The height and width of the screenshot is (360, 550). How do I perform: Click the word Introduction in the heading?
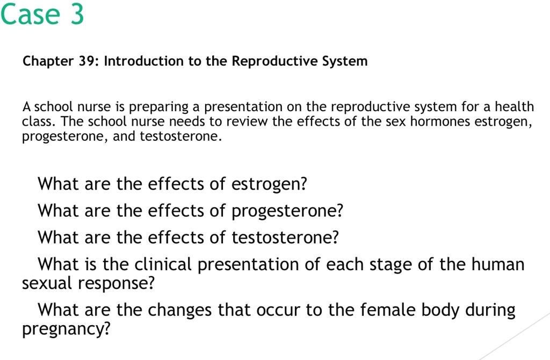click(x=143, y=61)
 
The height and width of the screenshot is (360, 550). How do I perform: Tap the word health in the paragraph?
click(x=514, y=106)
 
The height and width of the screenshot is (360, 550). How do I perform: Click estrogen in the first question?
click(x=269, y=185)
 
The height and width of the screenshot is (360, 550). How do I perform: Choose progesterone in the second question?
click(x=287, y=212)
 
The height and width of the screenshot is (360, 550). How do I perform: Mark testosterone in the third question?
click(x=285, y=237)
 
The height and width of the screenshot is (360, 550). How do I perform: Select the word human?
click(x=498, y=264)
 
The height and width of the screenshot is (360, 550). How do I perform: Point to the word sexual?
click(x=48, y=283)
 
